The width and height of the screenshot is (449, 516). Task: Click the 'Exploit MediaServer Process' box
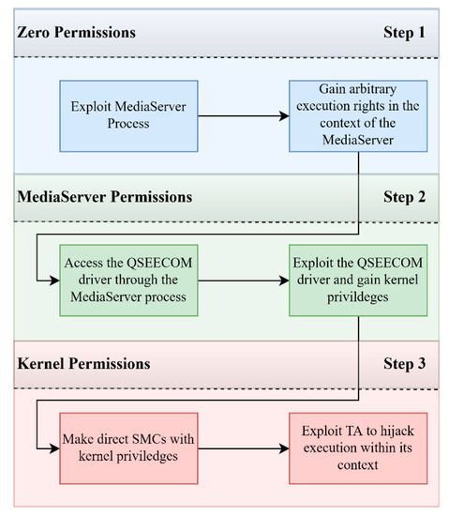(x=128, y=115)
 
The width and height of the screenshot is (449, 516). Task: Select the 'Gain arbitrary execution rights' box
(x=358, y=115)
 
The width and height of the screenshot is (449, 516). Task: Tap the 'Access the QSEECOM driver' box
(x=128, y=281)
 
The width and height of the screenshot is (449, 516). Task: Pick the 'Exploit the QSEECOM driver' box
(x=358, y=281)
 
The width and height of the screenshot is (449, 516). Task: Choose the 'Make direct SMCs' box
(x=128, y=448)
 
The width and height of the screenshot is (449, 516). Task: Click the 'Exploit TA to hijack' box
(x=358, y=448)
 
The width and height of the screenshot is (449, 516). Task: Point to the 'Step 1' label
(x=404, y=33)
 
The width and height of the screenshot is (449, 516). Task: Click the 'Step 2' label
(x=404, y=197)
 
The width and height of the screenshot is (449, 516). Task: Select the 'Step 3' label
(x=404, y=364)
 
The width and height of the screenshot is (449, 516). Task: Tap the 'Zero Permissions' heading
(x=76, y=32)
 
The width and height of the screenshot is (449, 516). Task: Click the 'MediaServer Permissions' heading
(x=105, y=197)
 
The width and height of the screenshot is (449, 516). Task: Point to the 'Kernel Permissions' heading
(x=83, y=364)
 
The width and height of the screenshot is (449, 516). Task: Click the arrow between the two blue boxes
(x=243, y=115)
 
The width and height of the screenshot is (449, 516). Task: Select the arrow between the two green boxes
(x=243, y=281)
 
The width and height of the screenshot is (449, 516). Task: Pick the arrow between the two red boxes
(x=243, y=448)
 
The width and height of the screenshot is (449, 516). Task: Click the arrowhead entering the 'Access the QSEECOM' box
(x=54, y=281)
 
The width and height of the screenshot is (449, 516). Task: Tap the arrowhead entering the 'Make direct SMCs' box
(x=54, y=448)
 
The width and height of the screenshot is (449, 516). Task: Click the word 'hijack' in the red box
(x=397, y=432)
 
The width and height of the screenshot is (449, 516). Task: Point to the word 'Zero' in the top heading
(x=33, y=32)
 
